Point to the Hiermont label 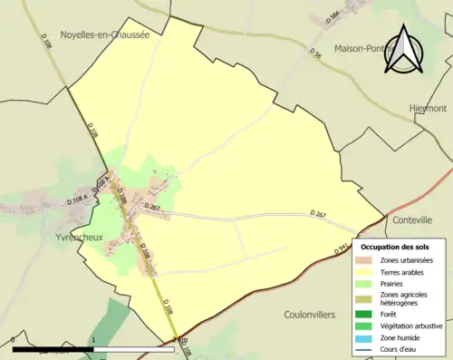427,107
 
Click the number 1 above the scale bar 93,340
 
